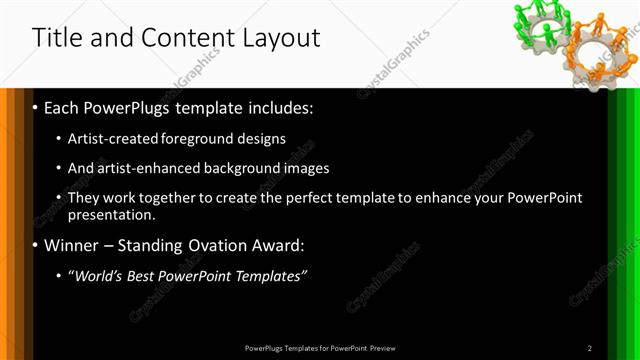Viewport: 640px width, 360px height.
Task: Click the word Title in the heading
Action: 56,39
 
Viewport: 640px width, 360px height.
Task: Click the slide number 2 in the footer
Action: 590,348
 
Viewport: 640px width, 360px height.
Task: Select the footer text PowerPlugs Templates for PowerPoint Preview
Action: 320,348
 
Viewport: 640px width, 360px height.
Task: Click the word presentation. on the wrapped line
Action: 112,214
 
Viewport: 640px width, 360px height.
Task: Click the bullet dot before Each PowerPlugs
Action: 36,107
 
